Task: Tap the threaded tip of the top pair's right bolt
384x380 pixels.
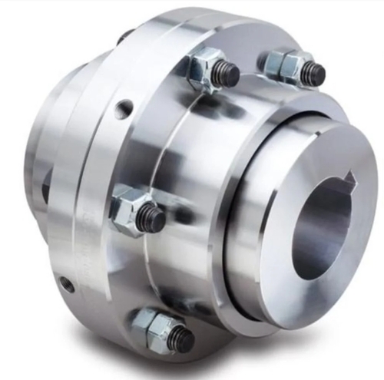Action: click(x=312, y=74)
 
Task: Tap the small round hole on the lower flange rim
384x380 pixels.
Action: click(x=68, y=284)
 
